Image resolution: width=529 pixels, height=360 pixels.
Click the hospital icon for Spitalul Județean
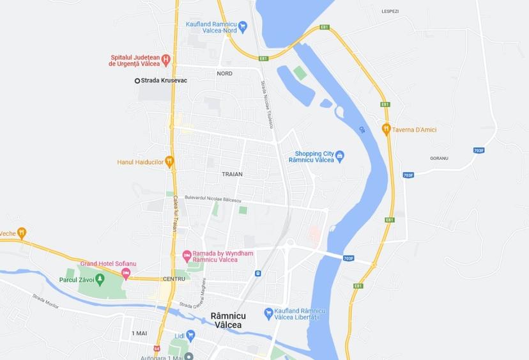165,61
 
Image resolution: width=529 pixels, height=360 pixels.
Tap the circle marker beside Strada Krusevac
137,81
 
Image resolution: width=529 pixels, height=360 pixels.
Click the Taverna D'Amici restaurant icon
386,129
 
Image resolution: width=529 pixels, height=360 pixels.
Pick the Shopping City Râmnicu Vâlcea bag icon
339,155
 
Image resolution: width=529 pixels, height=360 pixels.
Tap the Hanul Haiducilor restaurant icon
169,161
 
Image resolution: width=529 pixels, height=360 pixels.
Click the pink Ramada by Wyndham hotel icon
187,255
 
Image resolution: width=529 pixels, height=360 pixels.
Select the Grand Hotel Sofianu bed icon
125,274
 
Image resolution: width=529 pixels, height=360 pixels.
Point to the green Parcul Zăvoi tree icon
100,279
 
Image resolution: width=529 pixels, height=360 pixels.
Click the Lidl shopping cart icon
190,335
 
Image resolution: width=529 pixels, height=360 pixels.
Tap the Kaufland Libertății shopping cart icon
269,313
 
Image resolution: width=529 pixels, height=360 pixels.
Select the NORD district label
224,74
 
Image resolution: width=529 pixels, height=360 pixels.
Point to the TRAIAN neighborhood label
232,174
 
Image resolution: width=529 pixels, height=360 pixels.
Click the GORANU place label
439,158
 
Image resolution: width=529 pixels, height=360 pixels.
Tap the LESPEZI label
390,12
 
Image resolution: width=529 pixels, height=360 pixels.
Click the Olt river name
361,130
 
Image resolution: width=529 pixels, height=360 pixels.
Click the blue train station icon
257,274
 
